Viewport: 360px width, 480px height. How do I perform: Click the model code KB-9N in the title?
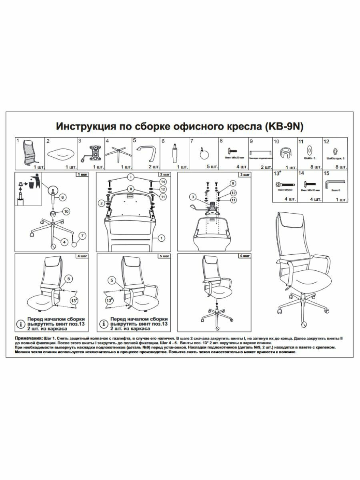[x=285, y=127]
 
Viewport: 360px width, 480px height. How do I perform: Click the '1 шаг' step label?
[x=82, y=175]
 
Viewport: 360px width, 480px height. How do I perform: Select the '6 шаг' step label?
[x=244, y=256]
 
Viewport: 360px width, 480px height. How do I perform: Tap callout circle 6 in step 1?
[x=62, y=197]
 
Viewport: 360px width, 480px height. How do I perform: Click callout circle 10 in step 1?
[x=67, y=211]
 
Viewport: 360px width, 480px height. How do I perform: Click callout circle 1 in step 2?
[x=162, y=238]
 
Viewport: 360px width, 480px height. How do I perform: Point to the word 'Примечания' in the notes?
[x=28, y=338]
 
